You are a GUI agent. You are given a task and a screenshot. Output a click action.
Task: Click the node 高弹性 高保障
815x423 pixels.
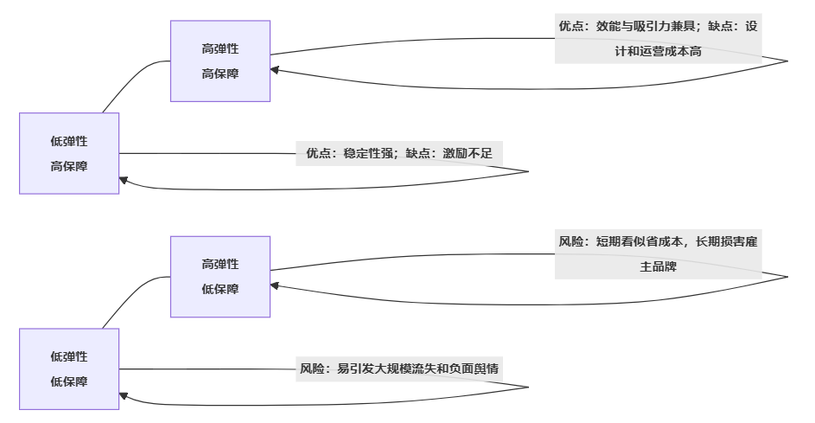pyautogui.click(x=220, y=61)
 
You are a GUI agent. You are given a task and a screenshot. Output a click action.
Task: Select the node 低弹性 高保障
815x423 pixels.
pyautogui.click(x=69, y=153)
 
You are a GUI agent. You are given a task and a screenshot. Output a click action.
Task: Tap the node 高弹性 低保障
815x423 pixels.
pyautogui.click(x=220, y=277)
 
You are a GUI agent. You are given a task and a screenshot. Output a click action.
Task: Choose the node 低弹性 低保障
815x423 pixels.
pyautogui.click(x=69, y=369)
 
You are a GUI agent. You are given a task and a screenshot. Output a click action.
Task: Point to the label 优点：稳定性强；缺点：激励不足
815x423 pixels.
pyautogui.click(x=398, y=153)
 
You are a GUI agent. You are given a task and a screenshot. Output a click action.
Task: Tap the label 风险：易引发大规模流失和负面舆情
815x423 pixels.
pyautogui.click(x=398, y=369)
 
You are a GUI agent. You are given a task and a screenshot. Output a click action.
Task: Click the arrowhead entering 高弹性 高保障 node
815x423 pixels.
pyautogui.click(x=276, y=70)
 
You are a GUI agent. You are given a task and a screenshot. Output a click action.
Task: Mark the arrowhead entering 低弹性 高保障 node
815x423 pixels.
pyautogui.click(x=124, y=180)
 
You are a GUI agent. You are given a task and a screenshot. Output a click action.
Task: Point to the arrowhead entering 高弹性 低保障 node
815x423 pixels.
pyautogui.click(x=276, y=285)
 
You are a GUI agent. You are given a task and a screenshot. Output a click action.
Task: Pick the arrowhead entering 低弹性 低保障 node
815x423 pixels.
pyautogui.click(x=124, y=395)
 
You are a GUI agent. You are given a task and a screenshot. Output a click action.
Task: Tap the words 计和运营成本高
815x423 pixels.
pyautogui.click(x=658, y=52)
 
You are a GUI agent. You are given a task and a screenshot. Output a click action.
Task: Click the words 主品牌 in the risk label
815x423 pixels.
pyautogui.click(x=658, y=267)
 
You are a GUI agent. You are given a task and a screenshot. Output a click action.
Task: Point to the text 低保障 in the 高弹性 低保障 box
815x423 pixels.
pyautogui.click(x=220, y=289)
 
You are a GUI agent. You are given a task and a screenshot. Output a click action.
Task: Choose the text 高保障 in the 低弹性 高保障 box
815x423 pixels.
pyautogui.click(x=69, y=166)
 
